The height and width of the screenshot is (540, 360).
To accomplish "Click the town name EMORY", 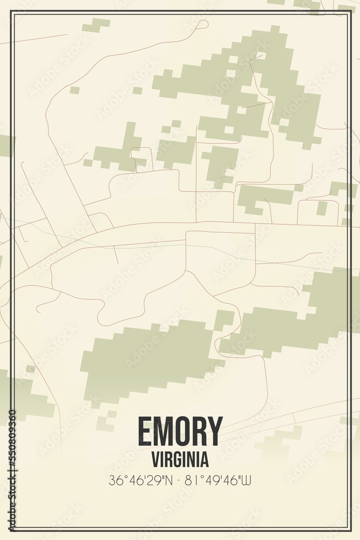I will point(180,431).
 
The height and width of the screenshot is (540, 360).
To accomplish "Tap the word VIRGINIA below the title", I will point(180,460).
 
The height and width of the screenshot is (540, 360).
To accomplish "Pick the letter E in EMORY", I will point(145,431).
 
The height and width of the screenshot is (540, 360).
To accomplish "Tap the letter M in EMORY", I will point(162,431).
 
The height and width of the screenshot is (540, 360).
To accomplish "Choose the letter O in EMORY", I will point(182,431).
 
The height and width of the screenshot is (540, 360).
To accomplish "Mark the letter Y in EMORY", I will point(215,431).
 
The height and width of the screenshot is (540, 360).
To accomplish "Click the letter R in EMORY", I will point(199,431).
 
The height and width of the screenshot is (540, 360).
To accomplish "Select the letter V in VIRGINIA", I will point(155,460).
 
